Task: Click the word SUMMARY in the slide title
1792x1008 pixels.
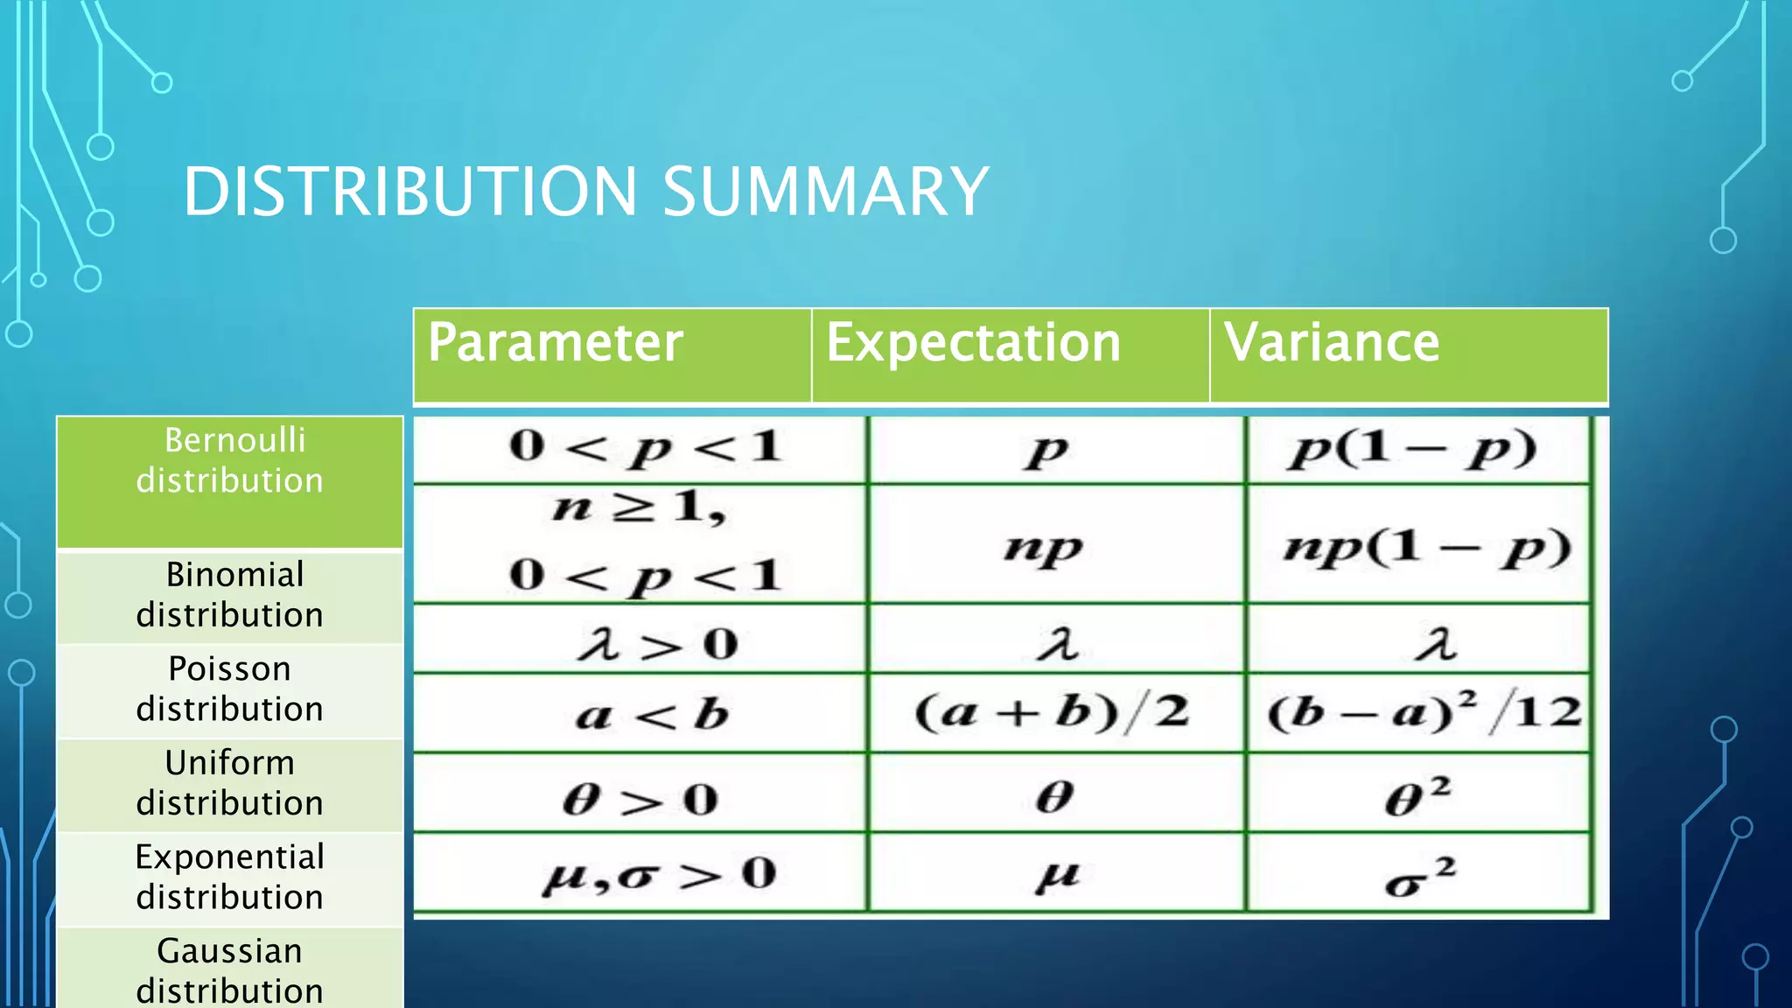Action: [x=824, y=192]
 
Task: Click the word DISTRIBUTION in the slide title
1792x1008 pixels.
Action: [x=410, y=192]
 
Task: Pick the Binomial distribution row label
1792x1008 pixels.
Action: [x=230, y=595]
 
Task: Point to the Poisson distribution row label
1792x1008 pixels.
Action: [x=230, y=689]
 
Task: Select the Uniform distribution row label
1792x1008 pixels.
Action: [x=230, y=782]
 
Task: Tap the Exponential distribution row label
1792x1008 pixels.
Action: [x=230, y=877]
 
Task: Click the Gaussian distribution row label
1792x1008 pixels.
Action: [x=230, y=970]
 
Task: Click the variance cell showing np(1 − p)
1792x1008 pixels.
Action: [x=1426, y=548]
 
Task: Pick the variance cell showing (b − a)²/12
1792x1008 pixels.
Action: [x=1424, y=711]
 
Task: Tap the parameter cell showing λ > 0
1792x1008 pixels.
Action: [x=656, y=644]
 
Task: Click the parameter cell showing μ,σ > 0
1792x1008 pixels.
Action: [x=658, y=874]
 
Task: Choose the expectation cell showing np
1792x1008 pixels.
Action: [x=1043, y=548]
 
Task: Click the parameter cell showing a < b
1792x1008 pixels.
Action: [x=652, y=715]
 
